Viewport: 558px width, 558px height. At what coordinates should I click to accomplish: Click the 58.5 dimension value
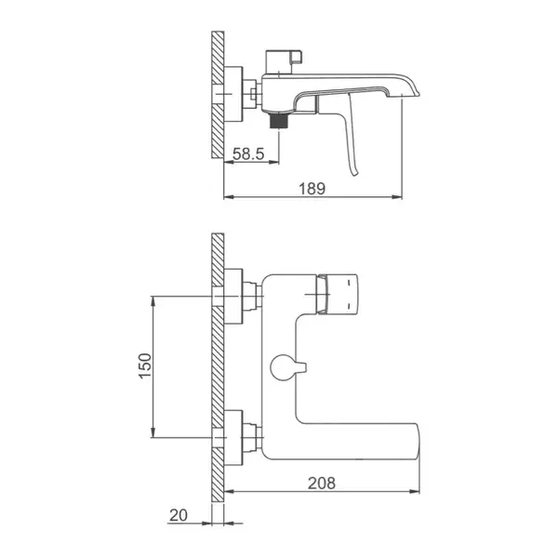click(x=248, y=153)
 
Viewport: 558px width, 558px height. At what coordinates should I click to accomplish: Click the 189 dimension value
click(x=312, y=189)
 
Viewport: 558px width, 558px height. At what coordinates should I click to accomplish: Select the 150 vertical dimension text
click(x=145, y=365)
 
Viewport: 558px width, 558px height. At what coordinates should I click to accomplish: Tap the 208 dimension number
click(x=322, y=483)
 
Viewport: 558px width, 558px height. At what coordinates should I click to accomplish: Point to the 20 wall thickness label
click(x=179, y=515)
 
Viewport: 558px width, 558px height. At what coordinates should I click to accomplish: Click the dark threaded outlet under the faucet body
click(x=278, y=121)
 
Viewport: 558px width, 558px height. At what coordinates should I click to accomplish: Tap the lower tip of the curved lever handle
click(x=354, y=175)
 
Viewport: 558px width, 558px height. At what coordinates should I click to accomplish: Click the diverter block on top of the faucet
click(x=284, y=62)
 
